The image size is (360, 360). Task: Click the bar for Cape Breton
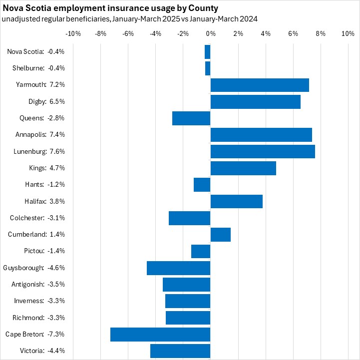(160, 335)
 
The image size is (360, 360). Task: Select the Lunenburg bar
(263, 151)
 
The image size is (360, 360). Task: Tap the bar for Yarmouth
(260, 85)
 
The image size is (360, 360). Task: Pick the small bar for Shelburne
(208, 68)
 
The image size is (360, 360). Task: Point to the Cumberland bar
(221, 235)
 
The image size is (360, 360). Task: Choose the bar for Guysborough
(179, 268)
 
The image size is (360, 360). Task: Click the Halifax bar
(237, 201)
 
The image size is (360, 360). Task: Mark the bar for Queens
(191, 118)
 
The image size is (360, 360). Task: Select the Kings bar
(243, 168)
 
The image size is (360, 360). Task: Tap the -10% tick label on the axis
(73, 33)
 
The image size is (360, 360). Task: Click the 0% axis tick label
(210, 33)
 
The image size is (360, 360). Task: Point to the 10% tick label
(347, 33)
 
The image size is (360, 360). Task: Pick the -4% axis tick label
(155, 33)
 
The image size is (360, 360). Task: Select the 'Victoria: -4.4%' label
(43, 351)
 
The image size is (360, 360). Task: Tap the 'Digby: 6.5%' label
(47, 101)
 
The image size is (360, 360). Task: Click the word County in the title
(204, 9)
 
